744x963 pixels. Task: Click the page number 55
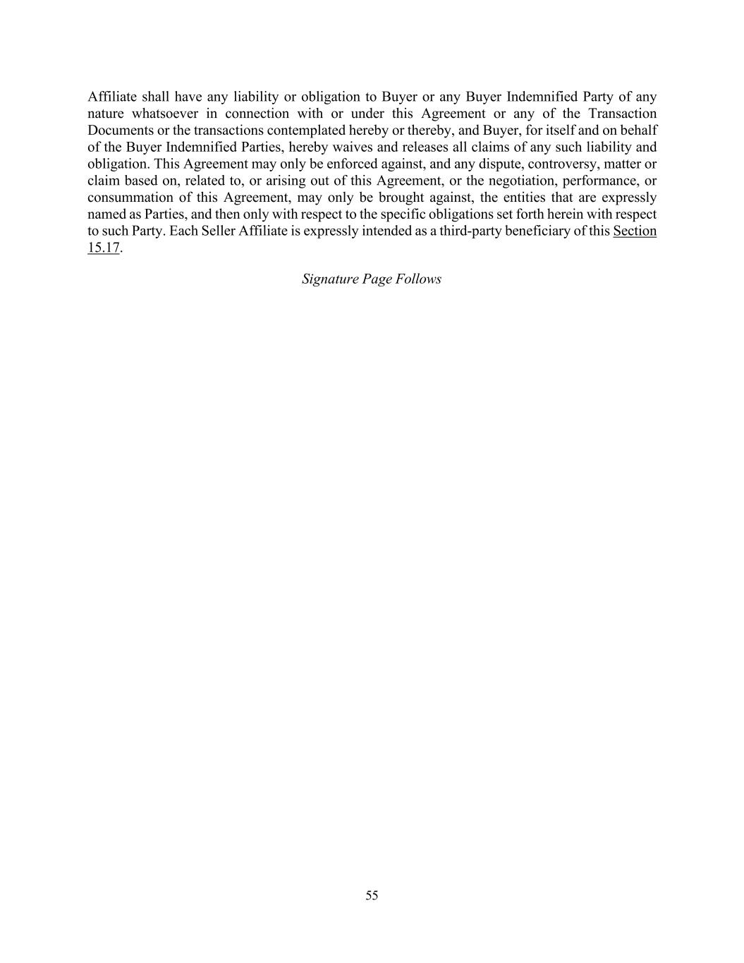click(372, 895)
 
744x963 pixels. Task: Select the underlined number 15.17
click(104, 248)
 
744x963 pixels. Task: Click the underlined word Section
click(635, 231)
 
